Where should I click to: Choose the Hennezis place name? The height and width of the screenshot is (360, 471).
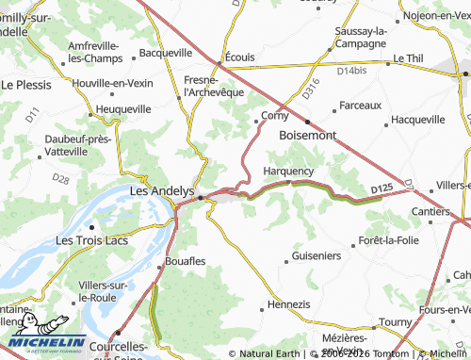point(288,304)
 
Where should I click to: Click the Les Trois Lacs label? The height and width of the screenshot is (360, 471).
point(91,240)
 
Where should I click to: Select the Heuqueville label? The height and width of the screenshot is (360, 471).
point(122,109)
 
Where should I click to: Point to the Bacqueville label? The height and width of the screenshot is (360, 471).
point(165,54)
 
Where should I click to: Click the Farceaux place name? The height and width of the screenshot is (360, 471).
point(359,105)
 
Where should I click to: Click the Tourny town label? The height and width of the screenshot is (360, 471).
point(395,322)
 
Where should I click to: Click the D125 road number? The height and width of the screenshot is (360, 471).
point(381,189)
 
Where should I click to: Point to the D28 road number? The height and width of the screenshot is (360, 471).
point(60,177)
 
